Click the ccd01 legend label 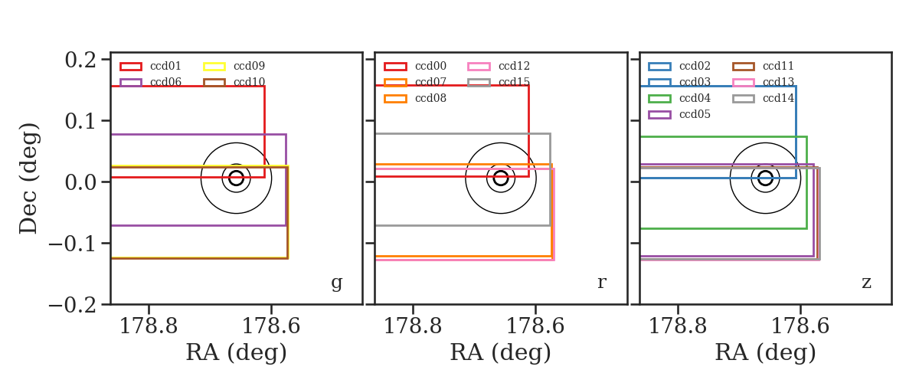click(165, 66)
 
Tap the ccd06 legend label click(165, 82)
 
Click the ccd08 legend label click(430, 99)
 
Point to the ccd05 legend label click(695, 115)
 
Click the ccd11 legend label click(778, 66)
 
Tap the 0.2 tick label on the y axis click(80, 61)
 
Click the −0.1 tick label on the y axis click(73, 244)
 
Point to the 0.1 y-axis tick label click(80, 122)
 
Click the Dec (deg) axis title click(29, 178)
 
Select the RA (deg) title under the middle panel click(501, 352)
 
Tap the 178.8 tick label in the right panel click(678, 326)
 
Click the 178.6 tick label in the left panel click(271, 326)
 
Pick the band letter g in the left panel click(336, 283)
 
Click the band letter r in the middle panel click(601, 283)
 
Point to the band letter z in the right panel click(866, 283)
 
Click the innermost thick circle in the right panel click(773, 178)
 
